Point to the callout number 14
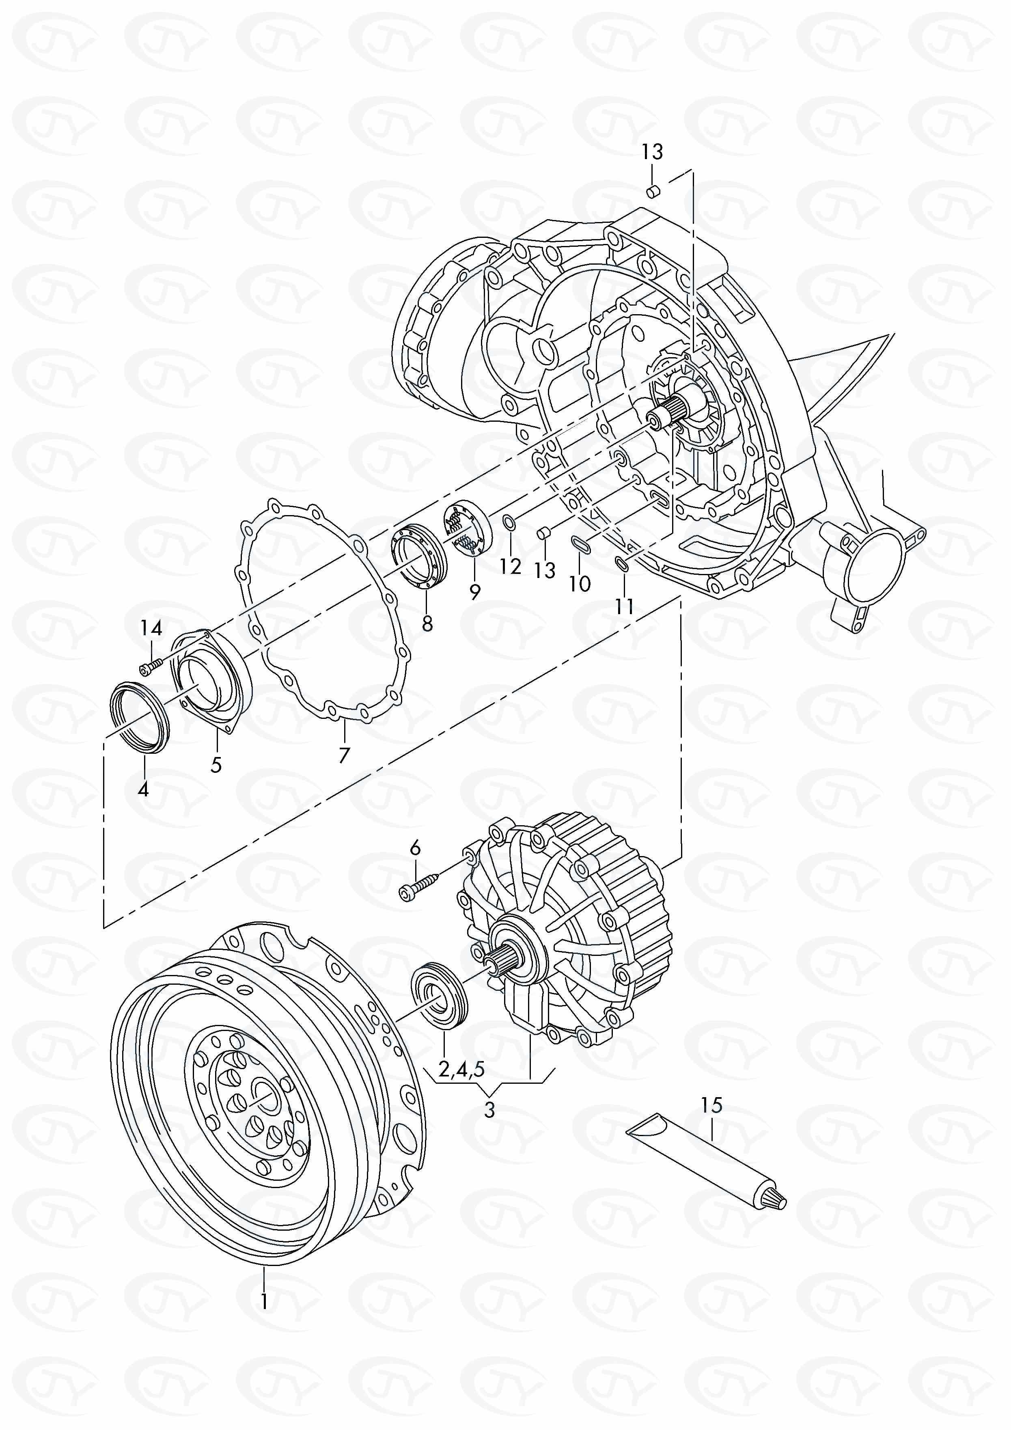pyautogui.click(x=151, y=628)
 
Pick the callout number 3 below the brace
pyautogui.click(x=489, y=1110)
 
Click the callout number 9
pyautogui.click(x=475, y=591)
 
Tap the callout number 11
pyautogui.click(x=625, y=606)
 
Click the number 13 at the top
pyautogui.click(x=652, y=151)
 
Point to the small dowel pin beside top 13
pyautogui.click(x=653, y=191)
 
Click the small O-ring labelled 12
pyautogui.click(x=508, y=521)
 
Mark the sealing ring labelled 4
pyautogui.click(x=141, y=718)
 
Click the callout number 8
pyautogui.click(x=427, y=623)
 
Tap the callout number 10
pyautogui.click(x=580, y=584)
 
